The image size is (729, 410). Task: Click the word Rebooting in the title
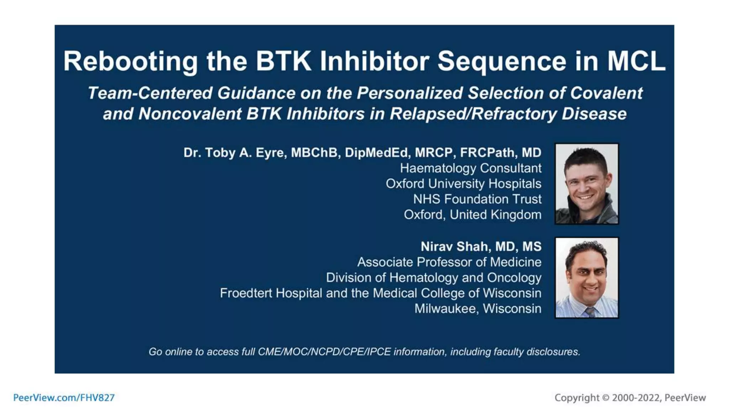[x=130, y=62]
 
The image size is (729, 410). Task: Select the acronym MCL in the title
[x=636, y=62]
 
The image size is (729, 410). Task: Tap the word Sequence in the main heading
[x=502, y=62]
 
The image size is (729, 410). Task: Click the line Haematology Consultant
[x=470, y=168]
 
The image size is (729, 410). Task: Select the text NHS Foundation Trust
[x=477, y=199]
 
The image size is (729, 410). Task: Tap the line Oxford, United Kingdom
[x=472, y=215]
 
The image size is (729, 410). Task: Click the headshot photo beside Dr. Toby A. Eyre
[x=587, y=184]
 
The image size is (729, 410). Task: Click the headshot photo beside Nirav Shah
[x=587, y=278]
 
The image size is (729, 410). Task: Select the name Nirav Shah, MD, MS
[x=481, y=247]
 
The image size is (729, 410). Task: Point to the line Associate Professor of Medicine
[x=449, y=262]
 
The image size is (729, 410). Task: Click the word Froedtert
[x=246, y=293]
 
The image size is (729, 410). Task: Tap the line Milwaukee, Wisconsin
[x=478, y=309]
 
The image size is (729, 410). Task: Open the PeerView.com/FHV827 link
[x=64, y=398]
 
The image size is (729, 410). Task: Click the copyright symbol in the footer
[x=605, y=398]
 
